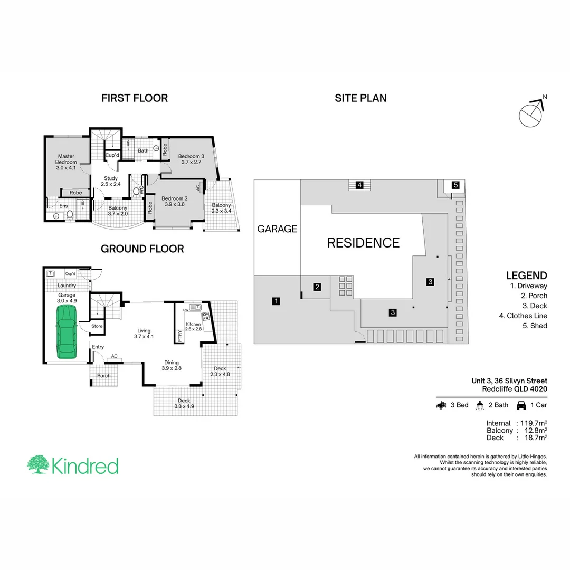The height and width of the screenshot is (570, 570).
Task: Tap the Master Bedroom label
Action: (x=66, y=161)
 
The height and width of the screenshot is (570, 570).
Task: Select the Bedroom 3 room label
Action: (x=191, y=159)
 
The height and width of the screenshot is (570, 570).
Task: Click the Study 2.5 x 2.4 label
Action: (x=111, y=181)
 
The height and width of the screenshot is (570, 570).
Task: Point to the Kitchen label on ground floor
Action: (x=193, y=326)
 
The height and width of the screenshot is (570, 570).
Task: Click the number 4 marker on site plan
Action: (x=359, y=185)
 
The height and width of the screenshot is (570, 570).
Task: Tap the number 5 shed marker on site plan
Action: (x=455, y=185)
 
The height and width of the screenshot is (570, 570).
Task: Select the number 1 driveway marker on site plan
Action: (x=275, y=301)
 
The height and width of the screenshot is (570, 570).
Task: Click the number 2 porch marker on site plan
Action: (x=317, y=287)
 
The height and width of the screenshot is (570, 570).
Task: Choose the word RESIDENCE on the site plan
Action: (x=363, y=243)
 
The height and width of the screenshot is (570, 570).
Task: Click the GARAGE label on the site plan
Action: (x=277, y=229)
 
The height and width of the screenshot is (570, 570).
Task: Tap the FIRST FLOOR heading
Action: (x=135, y=98)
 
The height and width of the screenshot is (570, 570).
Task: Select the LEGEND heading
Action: (x=526, y=275)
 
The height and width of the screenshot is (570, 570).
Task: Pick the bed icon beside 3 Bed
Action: (x=441, y=405)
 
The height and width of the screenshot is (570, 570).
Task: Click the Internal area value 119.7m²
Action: (x=531, y=423)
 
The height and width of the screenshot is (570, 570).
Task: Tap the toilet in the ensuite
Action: (x=69, y=214)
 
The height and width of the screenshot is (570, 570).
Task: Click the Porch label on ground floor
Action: (x=104, y=376)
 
